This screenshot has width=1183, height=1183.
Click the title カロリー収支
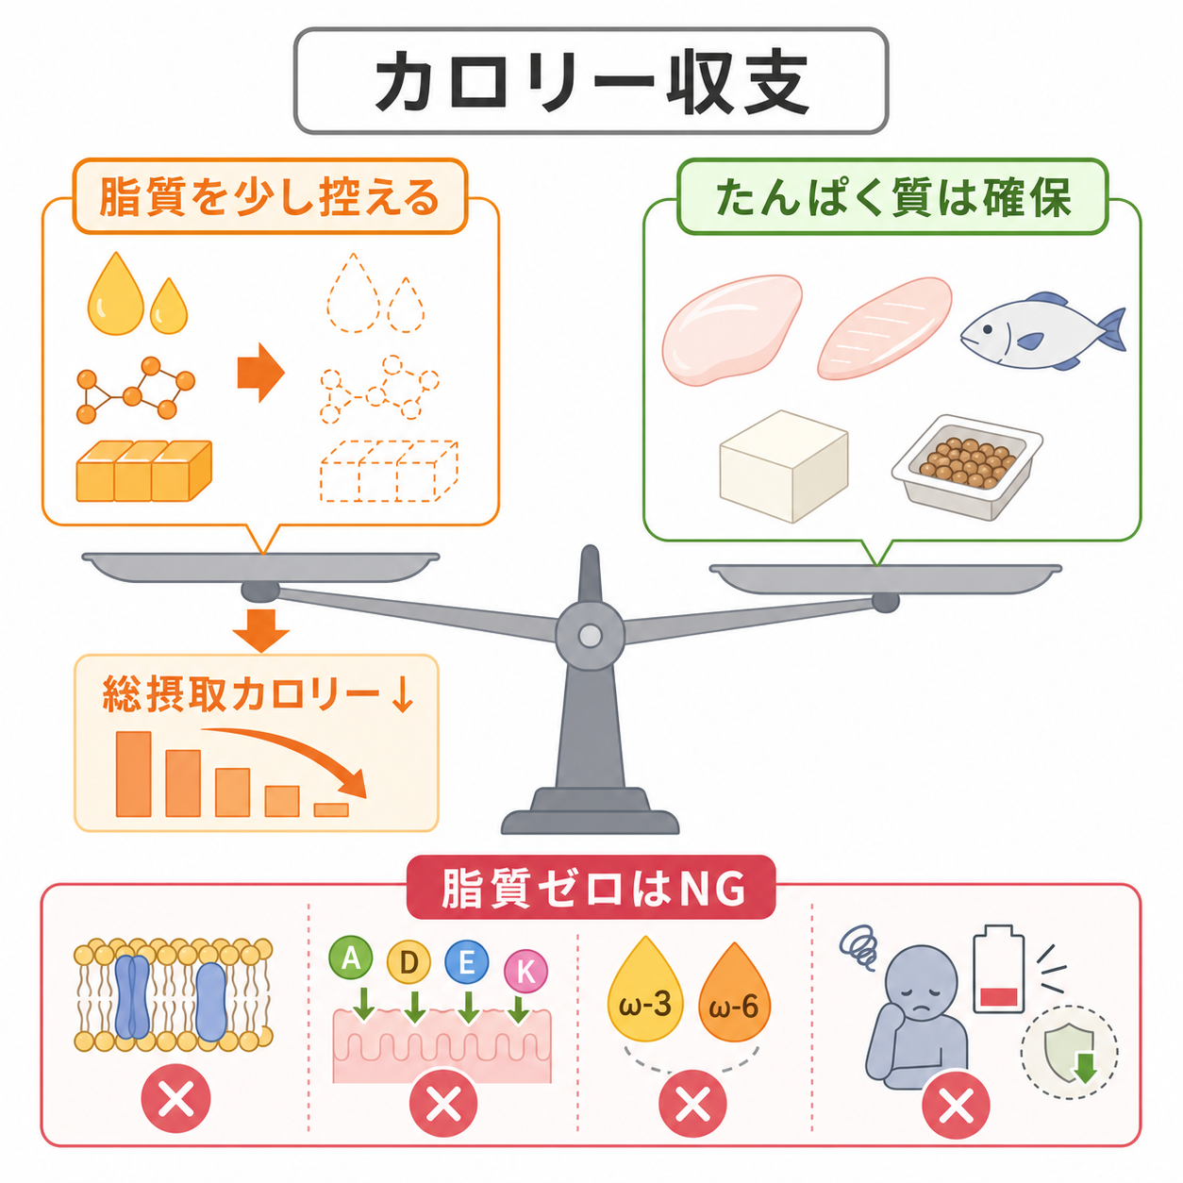[591, 82]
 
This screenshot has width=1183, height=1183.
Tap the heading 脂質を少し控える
[270, 197]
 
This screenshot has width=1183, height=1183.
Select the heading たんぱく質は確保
[893, 197]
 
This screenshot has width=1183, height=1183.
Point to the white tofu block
[783, 466]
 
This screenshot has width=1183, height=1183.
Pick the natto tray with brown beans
[967, 467]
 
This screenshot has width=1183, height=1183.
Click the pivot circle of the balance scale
[590, 636]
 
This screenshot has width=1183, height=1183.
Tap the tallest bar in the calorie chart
[133, 774]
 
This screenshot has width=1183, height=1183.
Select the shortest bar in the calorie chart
[331, 809]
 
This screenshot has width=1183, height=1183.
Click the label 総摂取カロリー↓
[258, 695]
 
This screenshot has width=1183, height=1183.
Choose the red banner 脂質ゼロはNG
[591, 887]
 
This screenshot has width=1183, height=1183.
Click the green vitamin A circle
[351, 958]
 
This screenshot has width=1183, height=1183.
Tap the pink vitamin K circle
[525, 971]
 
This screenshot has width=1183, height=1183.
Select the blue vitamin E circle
[467, 961]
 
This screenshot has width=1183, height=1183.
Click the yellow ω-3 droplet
[645, 991]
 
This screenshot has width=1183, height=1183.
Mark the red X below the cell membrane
[175, 1098]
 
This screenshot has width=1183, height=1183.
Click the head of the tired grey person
[924, 979]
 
